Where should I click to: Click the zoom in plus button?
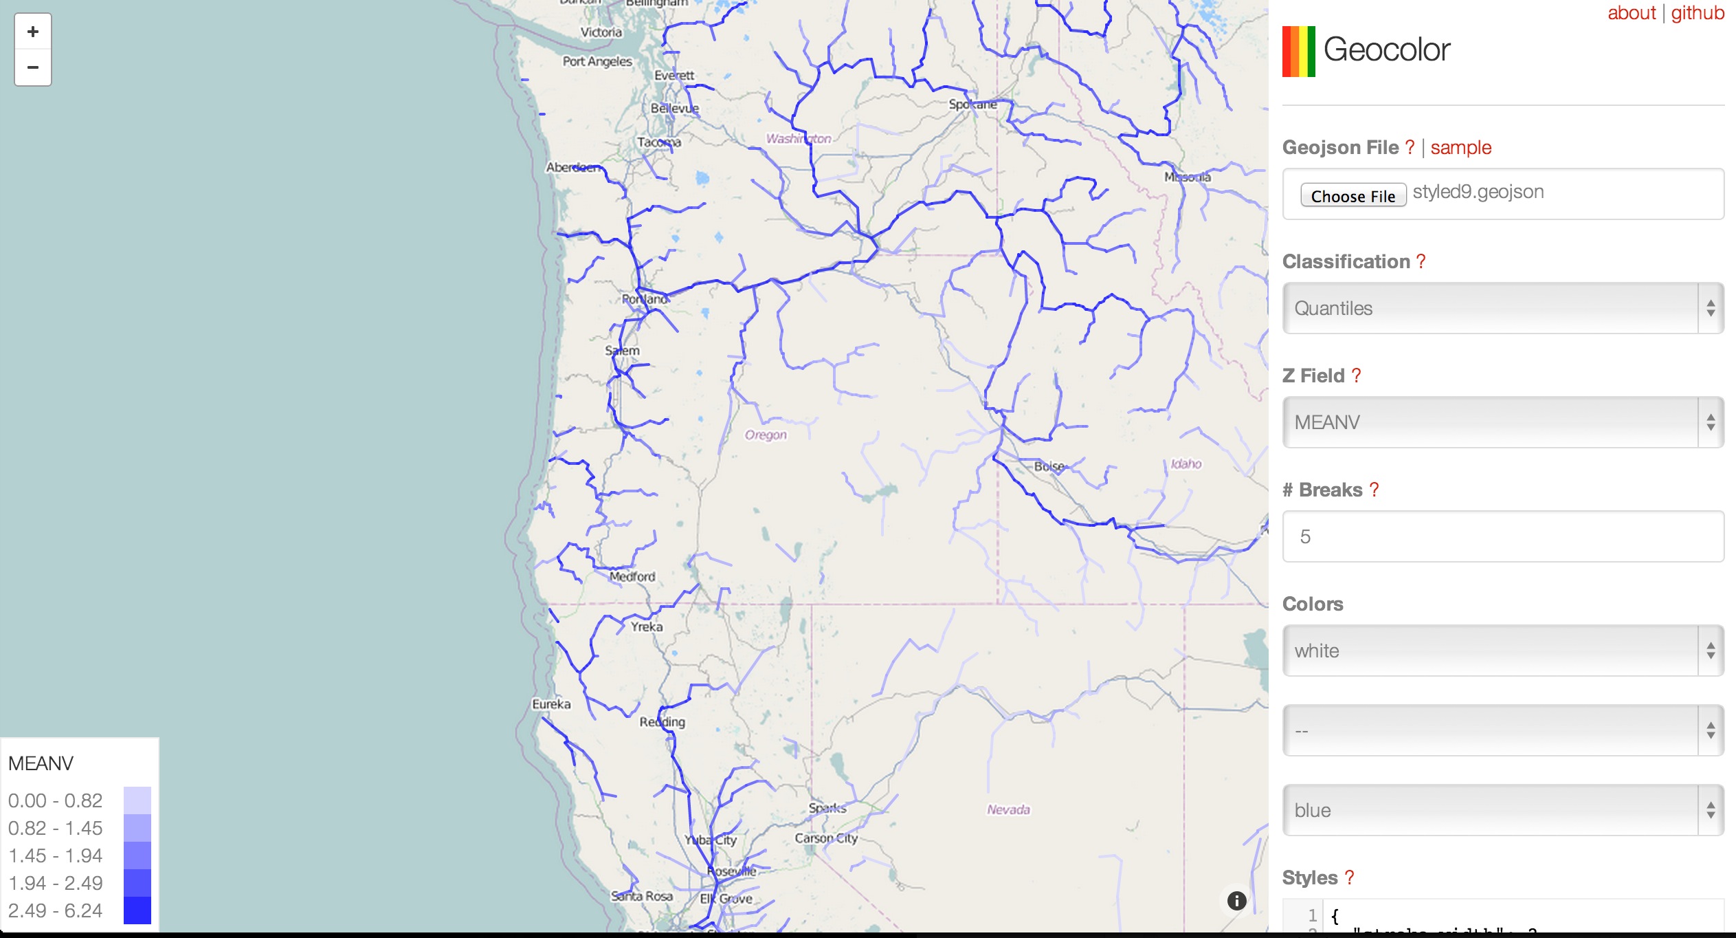pyautogui.click(x=33, y=32)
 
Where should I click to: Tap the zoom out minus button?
pyautogui.click(x=33, y=67)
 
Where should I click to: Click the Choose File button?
pyautogui.click(x=1353, y=196)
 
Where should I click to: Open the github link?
pyautogui.click(x=1697, y=13)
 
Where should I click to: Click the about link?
pyautogui.click(x=1631, y=13)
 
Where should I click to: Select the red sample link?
pyautogui.click(x=1460, y=148)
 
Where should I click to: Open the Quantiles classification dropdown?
pyautogui.click(x=1502, y=308)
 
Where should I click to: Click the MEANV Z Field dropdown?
pyautogui.click(x=1502, y=422)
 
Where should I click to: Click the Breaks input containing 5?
pyautogui.click(x=1502, y=536)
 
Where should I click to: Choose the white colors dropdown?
pyautogui.click(x=1502, y=651)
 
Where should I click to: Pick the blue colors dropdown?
pyautogui.click(x=1502, y=810)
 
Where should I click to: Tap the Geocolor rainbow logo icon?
pyautogui.click(x=1298, y=52)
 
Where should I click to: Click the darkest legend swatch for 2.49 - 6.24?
pyautogui.click(x=137, y=910)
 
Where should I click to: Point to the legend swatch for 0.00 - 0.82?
pyautogui.click(x=137, y=800)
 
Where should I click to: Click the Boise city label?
pyautogui.click(x=1049, y=466)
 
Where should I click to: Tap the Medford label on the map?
pyautogui.click(x=632, y=576)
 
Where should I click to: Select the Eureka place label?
pyautogui.click(x=551, y=704)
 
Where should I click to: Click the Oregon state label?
pyautogui.click(x=766, y=435)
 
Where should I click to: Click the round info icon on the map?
pyautogui.click(x=1236, y=901)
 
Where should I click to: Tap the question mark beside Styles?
pyautogui.click(x=1349, y=877)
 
